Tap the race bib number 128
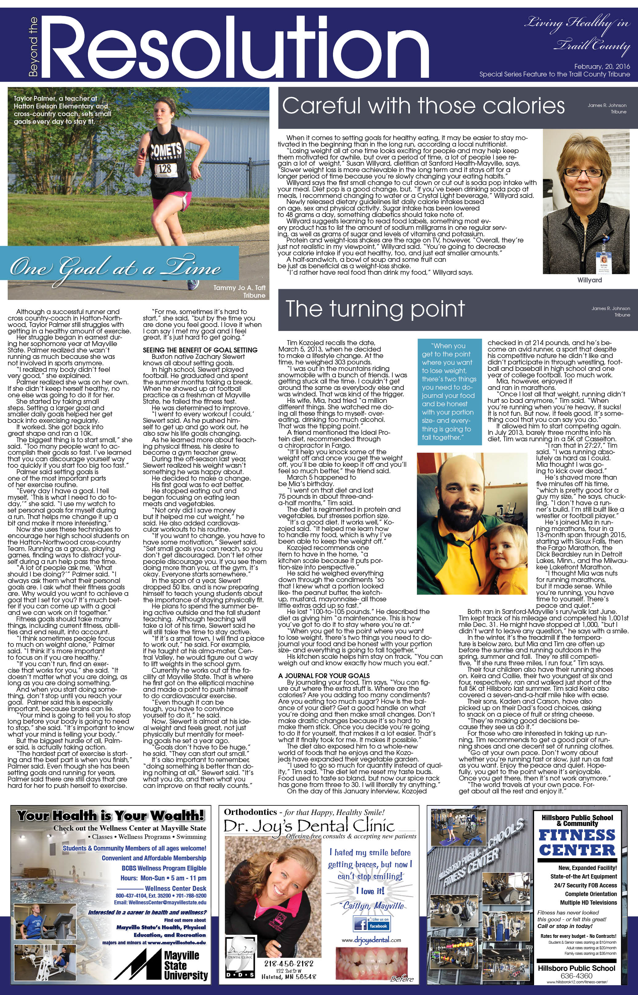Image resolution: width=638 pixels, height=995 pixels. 164,168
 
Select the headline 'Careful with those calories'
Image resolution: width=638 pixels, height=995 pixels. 423,106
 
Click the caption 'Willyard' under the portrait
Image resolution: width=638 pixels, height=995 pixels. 589,280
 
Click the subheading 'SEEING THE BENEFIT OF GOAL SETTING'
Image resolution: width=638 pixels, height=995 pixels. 200,350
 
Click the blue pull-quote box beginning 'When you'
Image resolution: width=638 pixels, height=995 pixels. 449,391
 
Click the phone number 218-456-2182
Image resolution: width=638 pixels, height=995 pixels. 289,964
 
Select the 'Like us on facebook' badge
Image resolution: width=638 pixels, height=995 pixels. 372,923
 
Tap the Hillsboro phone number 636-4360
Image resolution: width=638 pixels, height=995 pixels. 576,976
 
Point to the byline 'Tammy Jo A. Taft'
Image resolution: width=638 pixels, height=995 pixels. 239,287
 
